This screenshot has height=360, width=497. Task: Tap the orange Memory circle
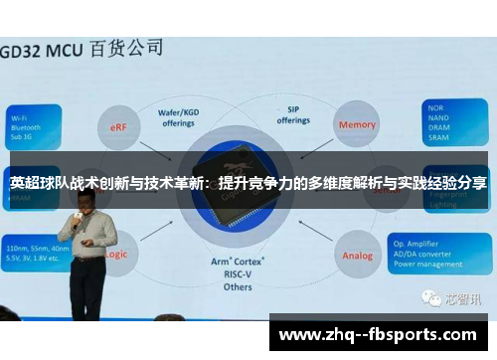click(358, 125)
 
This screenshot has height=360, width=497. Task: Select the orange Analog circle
click(358, 255)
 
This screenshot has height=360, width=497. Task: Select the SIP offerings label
click(293, 115)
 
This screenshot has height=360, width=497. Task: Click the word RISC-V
click(238, 273)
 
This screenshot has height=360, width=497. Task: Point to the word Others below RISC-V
click(238, 286)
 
